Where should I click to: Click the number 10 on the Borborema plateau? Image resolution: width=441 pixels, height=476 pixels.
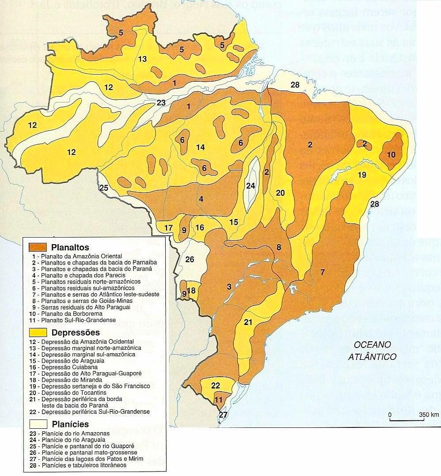click(392, 155)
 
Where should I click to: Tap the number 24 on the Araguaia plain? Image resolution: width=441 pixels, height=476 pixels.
click(251, 186)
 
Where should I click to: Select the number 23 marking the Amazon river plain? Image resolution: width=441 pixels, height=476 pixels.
click(160, 103)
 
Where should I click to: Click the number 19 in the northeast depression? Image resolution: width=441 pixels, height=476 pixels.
click(362, 175)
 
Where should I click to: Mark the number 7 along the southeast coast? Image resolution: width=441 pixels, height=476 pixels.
click(323, 272)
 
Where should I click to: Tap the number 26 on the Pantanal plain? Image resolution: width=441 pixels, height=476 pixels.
click(190, 259)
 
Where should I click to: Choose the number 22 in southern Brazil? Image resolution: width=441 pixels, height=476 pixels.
click(215, 385)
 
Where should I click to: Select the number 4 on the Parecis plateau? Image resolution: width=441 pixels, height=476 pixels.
click(201, 199)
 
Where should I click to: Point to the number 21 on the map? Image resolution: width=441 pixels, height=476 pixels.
click(248, 322)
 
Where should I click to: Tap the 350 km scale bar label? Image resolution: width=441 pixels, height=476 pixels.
click(429, 415)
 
